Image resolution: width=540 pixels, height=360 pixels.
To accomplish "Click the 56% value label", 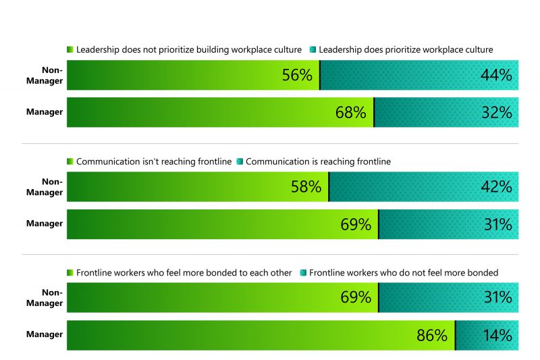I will click(297, 76).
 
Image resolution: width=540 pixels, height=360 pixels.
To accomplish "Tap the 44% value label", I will click(495, 76).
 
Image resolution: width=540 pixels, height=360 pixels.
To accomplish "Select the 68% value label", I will click(351, 113).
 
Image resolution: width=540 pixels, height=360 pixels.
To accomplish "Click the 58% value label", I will click(306, 187).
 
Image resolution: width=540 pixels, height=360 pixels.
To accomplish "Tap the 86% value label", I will click(432, 336).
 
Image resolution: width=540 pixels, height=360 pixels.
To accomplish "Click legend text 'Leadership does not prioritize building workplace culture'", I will click(188, 50).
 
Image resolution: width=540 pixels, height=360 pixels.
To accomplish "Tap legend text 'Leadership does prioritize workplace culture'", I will click(406, 50).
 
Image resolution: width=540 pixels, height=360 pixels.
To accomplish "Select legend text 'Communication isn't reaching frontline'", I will click(154, 161).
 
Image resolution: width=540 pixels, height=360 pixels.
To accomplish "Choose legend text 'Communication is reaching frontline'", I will click(319, 161).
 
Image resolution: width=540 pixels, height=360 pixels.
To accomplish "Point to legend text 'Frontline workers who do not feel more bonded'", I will click(404, 273).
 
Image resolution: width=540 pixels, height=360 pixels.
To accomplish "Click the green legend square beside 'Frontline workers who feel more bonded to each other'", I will click(70, 273).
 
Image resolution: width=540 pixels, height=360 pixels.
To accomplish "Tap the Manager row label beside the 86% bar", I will click(45, 334).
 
